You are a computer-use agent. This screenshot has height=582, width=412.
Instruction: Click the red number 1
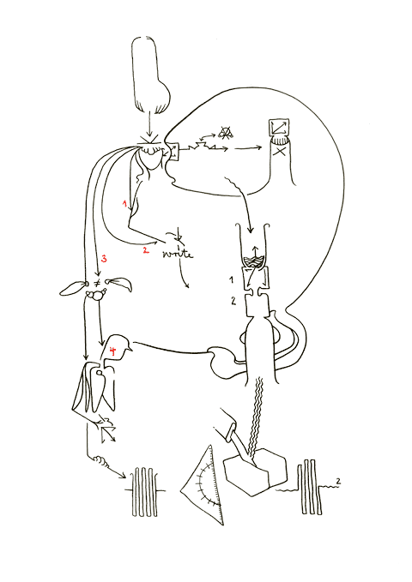(125, 204)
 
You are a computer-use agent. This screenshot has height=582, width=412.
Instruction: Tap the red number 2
(146, 250)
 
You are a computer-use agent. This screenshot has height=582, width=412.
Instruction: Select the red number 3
(103, 259)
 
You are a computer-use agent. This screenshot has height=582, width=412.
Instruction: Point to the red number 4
(113, 351)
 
